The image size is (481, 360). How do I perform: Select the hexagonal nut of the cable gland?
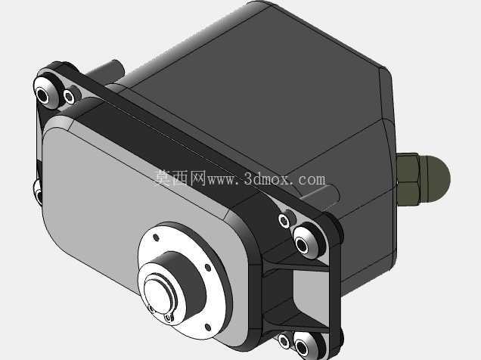point(407,180)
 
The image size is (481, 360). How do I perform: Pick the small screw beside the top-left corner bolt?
point(70,97)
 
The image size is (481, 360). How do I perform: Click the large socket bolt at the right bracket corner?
point(305,241)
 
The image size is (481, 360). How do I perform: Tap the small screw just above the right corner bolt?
point(284,221)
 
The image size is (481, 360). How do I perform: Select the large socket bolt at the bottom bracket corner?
point(304,346)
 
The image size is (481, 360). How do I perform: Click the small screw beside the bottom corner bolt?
point(284,341)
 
